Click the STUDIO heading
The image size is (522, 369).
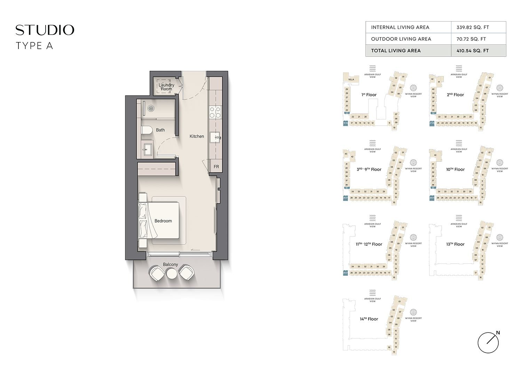point(45,30)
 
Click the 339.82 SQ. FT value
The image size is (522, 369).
point(473,27)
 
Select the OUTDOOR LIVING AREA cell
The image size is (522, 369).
point(401,39)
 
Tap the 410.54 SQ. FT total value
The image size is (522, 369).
point(473,50)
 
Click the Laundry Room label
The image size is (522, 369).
point(166,87)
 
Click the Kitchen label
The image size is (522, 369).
point(197,136)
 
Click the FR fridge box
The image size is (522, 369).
point(216,167)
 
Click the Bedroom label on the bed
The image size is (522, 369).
point(163,221)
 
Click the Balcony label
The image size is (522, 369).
point(171,264)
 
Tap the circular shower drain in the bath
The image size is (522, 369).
point(151,108)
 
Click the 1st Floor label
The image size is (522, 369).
point(369,95)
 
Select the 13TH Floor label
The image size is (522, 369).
point(455,244)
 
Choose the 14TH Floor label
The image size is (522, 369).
point(369,319)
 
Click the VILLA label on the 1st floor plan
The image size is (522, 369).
point(351,79)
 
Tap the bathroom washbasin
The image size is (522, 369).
point(145,150)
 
